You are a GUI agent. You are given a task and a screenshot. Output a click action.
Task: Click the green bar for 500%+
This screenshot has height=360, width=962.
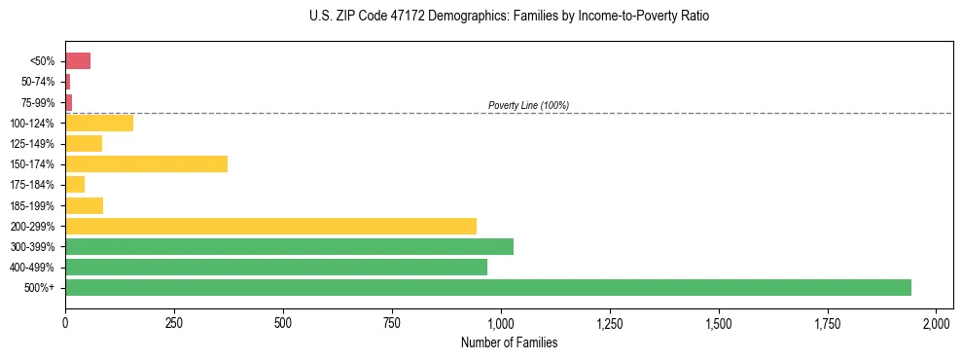click(488, 287)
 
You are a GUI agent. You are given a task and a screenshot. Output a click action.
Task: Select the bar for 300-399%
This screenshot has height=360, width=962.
click(289, 246)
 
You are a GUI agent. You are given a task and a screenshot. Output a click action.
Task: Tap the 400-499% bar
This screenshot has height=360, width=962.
click(276, 267)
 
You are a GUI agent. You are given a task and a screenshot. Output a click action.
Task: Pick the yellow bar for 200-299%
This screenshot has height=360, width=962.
click(270, 226)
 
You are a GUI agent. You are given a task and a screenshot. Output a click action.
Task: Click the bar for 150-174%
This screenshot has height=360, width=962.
click(146, 163)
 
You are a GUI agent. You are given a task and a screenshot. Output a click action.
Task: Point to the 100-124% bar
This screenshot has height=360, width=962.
click(99, 123)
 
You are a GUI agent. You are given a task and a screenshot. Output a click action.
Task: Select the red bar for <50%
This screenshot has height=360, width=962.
click(78, 61)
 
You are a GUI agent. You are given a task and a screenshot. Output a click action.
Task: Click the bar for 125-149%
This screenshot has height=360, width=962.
click(84, 144)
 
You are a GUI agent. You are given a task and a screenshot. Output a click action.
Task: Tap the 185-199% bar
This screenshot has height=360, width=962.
click(84, 205)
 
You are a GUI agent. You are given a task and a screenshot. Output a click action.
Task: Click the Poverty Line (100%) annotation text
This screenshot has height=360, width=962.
click(528, 105)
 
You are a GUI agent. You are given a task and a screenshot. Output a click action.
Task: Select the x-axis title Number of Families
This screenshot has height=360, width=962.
click(509, 342)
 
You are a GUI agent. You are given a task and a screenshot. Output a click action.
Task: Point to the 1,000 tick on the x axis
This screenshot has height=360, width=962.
click(500, 322)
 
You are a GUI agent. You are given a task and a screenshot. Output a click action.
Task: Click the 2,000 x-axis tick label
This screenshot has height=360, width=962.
click(936, 322)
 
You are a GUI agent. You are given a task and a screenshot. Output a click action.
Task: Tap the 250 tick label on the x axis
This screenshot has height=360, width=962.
click(174, 322)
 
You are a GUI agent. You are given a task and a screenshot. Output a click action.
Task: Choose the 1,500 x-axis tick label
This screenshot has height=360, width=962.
click(718, 322)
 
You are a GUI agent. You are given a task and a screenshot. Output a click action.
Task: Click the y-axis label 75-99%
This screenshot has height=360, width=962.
click(39, 102)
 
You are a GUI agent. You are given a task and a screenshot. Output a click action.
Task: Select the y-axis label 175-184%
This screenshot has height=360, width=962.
click(33, 185)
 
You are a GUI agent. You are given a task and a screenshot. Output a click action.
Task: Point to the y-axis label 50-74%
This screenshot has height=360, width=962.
click(39, 82)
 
